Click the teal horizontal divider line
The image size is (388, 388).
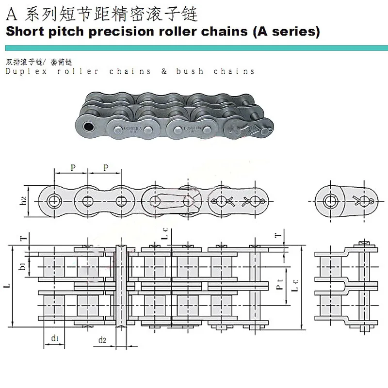(194, 48)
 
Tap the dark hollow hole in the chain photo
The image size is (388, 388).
(88, 127)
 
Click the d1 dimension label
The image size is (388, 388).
(55, 338)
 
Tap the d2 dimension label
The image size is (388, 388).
(102, 339)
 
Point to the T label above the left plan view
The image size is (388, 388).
(22, 239)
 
